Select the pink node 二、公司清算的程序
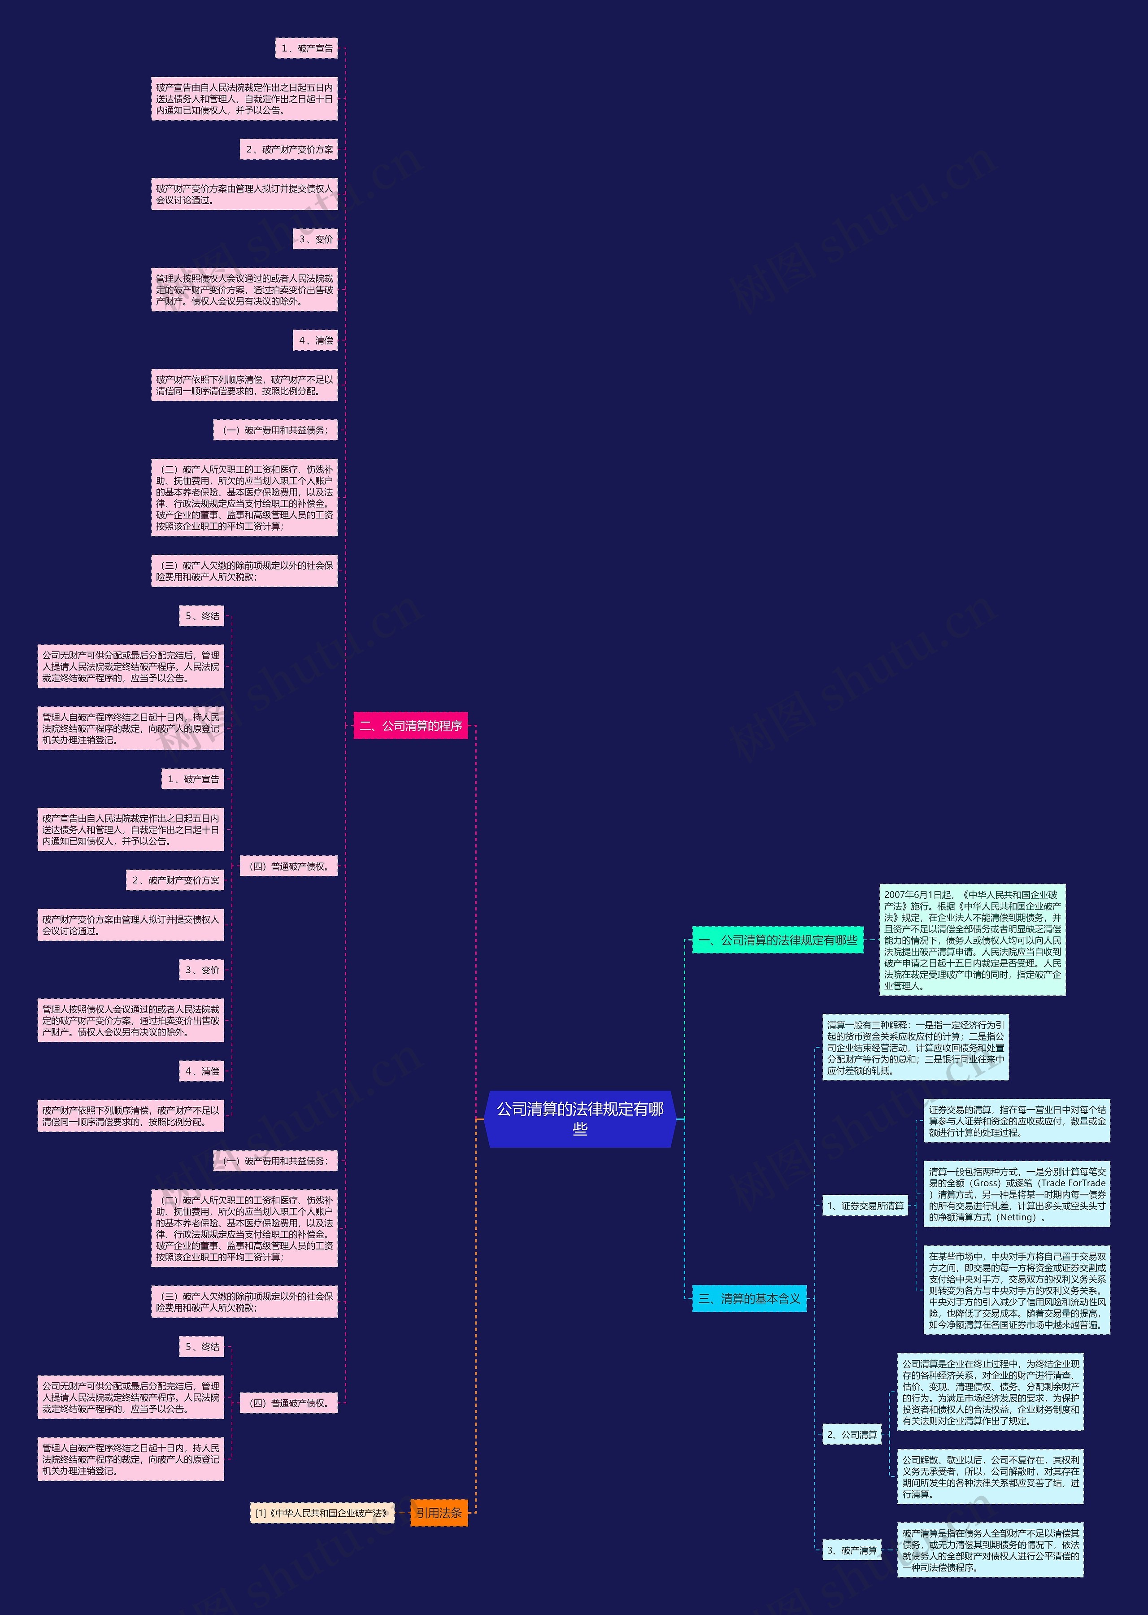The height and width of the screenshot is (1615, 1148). coord(410,725)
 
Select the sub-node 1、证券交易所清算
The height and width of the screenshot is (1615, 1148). coord(865,1206)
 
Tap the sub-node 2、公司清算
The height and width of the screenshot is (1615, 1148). coord(852,1434)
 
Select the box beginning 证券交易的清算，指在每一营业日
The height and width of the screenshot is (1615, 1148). coord(1017,1120)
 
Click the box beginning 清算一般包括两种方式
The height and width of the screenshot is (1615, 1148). coord(1017,1194)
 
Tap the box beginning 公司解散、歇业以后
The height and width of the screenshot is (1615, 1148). coord(990,1476)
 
